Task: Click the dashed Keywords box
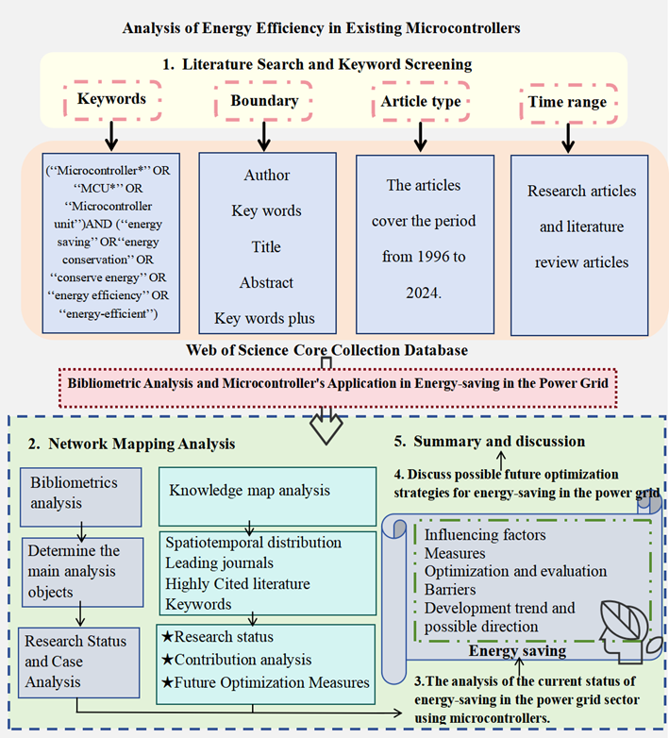[111, 99]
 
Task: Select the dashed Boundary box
[263, 100]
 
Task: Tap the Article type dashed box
[420, 101]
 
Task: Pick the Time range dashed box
[568, 102]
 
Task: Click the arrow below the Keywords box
[111, 137]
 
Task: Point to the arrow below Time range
[568, 138]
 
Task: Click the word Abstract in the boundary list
[267, 282]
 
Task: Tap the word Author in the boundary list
[267, 176]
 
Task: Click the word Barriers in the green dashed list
[451, 590]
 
